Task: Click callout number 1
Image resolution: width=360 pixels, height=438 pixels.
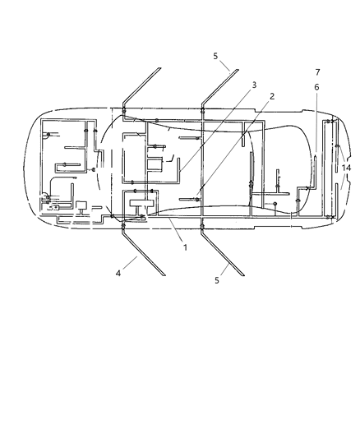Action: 185,247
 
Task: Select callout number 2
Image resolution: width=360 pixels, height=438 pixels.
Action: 272,96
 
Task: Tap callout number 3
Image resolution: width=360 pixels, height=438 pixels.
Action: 255,85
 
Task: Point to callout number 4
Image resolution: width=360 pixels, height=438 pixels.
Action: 118,273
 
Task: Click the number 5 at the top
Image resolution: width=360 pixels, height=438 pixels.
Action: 215,56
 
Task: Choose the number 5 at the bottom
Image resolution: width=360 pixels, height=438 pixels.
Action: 217,280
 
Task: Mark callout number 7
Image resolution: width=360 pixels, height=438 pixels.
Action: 317,72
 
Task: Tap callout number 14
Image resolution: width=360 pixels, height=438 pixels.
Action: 346,168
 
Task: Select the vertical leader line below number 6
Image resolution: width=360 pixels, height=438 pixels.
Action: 316,123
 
